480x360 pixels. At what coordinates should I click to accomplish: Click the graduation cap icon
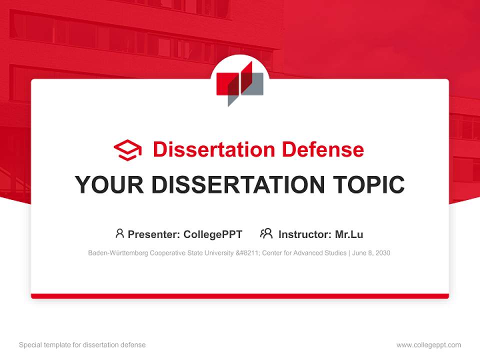(x=127, y=150)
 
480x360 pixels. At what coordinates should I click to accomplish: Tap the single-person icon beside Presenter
(x=119, y=233)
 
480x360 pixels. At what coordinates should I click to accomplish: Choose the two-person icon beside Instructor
(x=266, y=233)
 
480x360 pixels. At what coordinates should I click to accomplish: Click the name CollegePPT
(x=213, y=234)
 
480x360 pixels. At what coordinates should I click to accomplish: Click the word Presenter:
(x=154, y=234)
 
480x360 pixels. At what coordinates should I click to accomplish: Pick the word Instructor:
(x=304, y=234)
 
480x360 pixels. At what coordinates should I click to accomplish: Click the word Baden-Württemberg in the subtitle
(x=118, y=253)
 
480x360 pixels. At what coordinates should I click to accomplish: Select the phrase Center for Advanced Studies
(x=306, y=253)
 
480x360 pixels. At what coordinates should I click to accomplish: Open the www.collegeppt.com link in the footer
(x=428, y=345)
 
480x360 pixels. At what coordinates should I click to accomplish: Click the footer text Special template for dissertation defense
(x=82, y=345)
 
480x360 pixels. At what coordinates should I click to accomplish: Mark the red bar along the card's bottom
(x=240, y=296)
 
